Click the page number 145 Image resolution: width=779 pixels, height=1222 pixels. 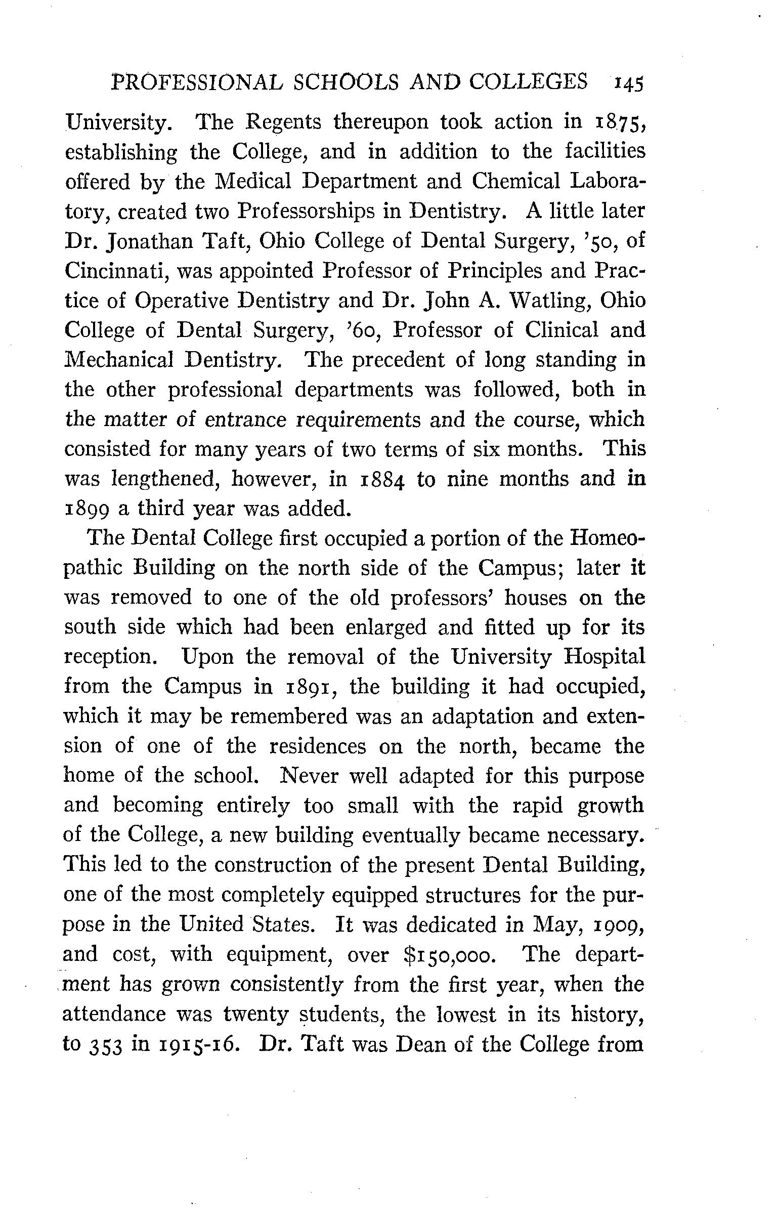pos(628,82)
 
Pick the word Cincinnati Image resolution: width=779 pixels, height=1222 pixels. pos(116,271)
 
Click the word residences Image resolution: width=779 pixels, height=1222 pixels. pos(317,746)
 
